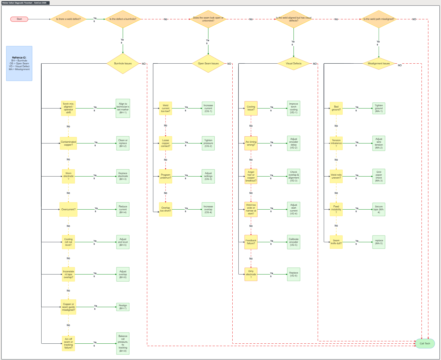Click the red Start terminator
point(19,19)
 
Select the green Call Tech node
point(425,343)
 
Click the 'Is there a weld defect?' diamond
point(68,19)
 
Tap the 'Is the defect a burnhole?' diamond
point(123,19)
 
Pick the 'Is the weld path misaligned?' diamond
point(379,19)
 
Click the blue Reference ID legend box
point(19,63)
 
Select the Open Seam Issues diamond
point(208,63)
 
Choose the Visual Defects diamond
point(293,63)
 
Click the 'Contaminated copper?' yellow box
point(68,143)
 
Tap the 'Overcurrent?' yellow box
point(68,209)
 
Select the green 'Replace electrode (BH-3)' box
point(123,176)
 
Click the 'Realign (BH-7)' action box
point(123,307)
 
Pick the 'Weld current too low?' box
point(165,108)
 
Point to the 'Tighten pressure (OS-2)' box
point(208,143)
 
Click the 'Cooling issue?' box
point(251,108)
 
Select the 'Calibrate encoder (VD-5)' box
point(293,242)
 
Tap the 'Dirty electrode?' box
point(251,274)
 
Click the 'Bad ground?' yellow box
point(336,108)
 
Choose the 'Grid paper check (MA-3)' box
point(379,176)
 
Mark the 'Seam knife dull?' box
point(336,242)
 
